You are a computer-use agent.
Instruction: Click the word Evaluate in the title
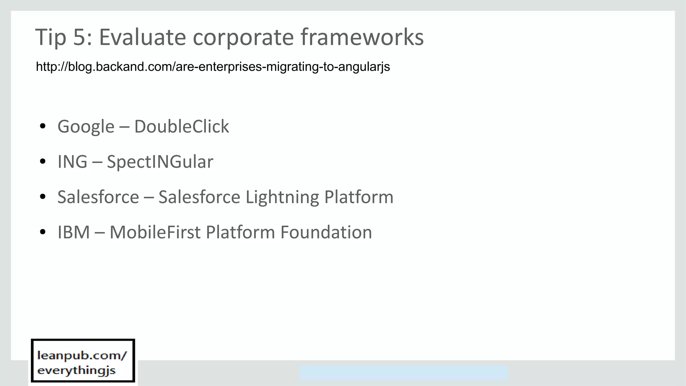pos(142,37)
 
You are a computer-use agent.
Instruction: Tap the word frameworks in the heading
pos(362,37)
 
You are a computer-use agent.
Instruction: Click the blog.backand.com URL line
pos(213,67)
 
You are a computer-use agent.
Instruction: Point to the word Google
pos(86,127)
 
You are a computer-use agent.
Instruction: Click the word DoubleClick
pos(182,127)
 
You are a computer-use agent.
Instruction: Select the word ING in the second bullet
pos(72,162)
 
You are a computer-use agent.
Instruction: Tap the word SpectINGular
pos(160,162)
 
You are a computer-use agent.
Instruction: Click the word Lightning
pos(282,197)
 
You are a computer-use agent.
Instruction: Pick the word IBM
pos(74,232)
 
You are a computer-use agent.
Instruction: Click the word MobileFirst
pos(155,232)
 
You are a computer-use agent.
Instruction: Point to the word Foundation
pos(326,232)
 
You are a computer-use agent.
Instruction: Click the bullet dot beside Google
pos(43,126)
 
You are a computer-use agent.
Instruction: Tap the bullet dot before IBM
pos(43,232)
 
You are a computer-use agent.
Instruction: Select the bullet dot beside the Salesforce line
pos(43,197)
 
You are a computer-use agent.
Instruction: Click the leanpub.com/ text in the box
pos(82,355)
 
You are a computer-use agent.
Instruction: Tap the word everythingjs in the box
pos(76,370)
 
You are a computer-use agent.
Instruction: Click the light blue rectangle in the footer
pos(403,373)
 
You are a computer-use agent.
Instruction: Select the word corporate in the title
pos(243,37)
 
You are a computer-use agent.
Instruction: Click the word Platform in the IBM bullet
pos(240,232)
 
